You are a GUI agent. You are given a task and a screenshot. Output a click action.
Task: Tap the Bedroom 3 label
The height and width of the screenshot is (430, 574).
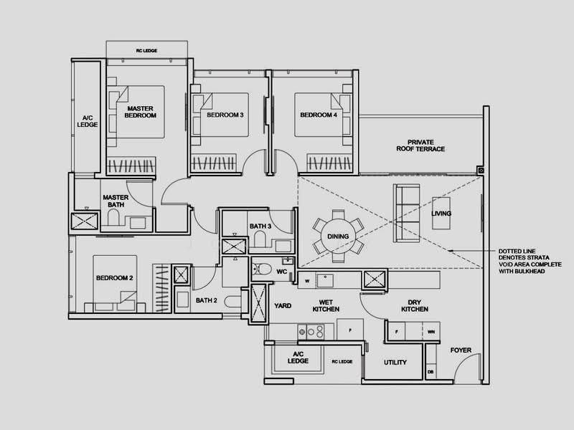tap(225, 115)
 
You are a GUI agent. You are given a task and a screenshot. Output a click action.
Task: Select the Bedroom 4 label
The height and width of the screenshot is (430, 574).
tap(318, 115)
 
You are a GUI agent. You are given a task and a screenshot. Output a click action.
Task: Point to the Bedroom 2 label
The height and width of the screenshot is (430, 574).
tap(115, 277)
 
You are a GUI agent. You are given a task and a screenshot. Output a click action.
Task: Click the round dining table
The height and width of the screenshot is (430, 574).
tap(338, 236)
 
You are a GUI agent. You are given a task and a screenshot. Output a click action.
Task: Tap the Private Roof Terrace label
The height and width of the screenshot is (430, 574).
tap(425, 145)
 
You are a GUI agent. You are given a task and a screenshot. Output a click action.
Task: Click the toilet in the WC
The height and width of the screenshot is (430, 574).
tap(262, 270)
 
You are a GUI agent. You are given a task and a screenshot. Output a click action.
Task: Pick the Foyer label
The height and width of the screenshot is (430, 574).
tap(461, 350)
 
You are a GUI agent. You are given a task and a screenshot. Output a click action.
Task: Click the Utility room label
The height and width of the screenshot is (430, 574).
tap(395, 363)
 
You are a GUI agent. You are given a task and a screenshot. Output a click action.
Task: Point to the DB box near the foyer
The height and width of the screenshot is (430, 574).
tap(430, 372)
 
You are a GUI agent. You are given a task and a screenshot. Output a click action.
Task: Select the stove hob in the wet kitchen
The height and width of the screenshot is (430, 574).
tap(311, 332)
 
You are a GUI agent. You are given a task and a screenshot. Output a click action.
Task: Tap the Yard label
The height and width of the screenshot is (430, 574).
tap(283, 305)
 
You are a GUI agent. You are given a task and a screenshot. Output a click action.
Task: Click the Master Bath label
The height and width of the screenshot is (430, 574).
tap(115, 201)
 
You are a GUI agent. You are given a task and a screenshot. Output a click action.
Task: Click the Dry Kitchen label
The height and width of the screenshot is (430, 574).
tap(415, 305)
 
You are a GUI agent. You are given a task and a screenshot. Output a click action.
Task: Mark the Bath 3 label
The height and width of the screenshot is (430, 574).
tap(260, 226)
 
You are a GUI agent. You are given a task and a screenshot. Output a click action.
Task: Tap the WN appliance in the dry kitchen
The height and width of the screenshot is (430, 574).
tap(430, 332)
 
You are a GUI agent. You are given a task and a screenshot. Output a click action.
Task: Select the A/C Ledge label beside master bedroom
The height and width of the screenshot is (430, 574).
tap(86, 121)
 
